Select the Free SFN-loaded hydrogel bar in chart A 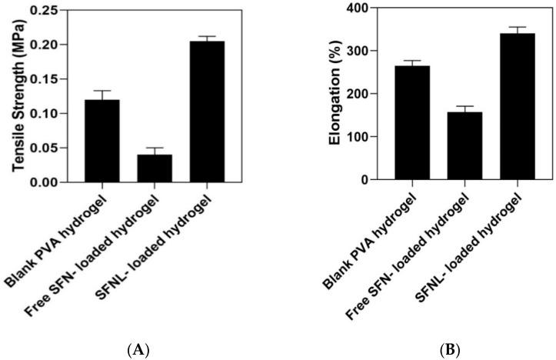tap(155, 168)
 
